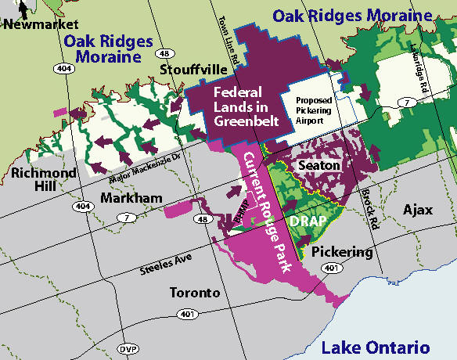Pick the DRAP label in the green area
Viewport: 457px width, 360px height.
[x=305, y=221]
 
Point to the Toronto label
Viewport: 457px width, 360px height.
[x=195, y=293]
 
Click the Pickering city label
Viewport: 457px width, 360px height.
[x=342, y=252]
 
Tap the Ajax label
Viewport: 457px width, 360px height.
[x=417, y=211]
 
